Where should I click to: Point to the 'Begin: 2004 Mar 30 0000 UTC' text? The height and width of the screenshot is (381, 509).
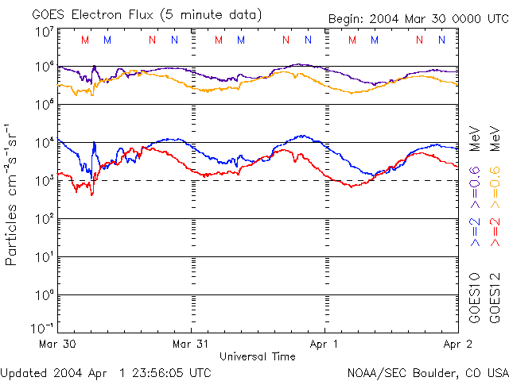click(418, 20)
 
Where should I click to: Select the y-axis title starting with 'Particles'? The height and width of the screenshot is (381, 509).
click(13, 194)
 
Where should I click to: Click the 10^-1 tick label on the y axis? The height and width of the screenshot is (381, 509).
click(42, 329)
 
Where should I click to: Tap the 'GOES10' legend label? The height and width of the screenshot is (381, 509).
click(474, 298)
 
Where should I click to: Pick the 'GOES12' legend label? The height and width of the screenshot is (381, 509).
click(494, 298)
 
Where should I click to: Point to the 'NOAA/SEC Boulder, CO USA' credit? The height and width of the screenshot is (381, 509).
click(427, 372)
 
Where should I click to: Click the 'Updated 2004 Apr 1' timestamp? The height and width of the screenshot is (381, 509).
click(106, 372)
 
